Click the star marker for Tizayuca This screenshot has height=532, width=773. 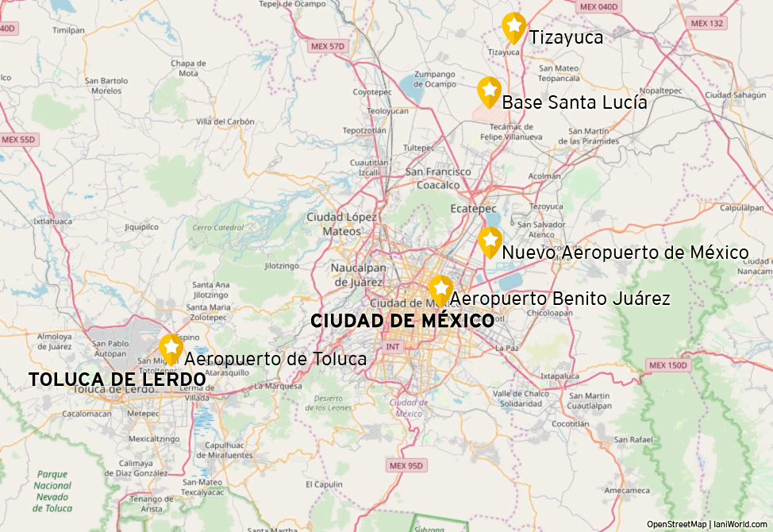[x=513, y=27]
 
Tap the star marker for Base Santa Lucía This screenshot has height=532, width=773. [x=489, y=91]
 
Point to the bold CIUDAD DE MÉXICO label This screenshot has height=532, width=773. [x=402, y=321]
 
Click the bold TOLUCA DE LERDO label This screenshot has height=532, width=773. [x=117, y=380]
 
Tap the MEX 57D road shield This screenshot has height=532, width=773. [x=329, y=46]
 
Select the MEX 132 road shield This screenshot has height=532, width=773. [x=707, y=23]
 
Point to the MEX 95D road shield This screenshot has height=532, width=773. [x=407, y=465]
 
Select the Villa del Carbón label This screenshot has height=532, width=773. [x=225, y=122]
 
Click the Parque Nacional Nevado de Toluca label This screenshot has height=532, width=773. [x=53, y=492]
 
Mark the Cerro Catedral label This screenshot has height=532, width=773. [x=218, y=228]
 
